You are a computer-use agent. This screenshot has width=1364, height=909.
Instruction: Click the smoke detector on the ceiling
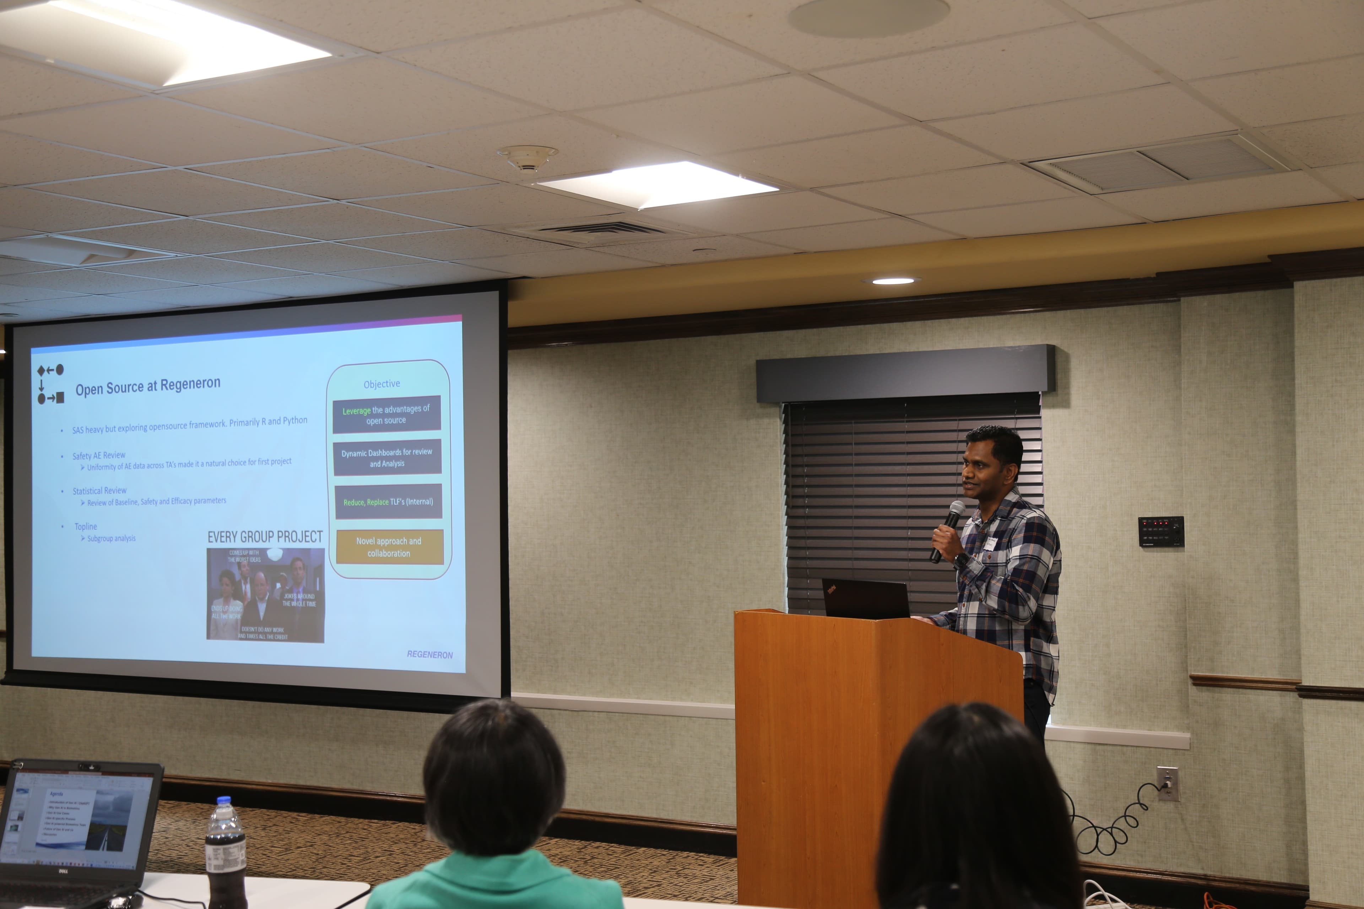pos(528,158)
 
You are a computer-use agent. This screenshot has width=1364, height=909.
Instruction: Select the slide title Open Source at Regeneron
pos(148,386)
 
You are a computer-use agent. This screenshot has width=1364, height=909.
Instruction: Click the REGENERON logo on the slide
pos(430,654)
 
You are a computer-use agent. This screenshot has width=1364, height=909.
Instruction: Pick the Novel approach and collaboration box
pos(389,547)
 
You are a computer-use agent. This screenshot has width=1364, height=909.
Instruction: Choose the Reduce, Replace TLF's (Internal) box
pos(388,501)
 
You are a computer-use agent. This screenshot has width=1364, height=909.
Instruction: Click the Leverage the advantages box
pos(386,414)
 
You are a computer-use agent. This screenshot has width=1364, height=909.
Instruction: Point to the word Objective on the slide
pos(381,384)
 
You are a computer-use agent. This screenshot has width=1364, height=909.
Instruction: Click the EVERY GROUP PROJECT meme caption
pos(265,537)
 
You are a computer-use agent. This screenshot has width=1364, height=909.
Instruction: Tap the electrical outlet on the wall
pos(1168,784)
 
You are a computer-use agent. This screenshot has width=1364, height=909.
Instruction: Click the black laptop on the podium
pos(865,599)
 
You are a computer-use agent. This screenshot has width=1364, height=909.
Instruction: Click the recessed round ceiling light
pos(893,281)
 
